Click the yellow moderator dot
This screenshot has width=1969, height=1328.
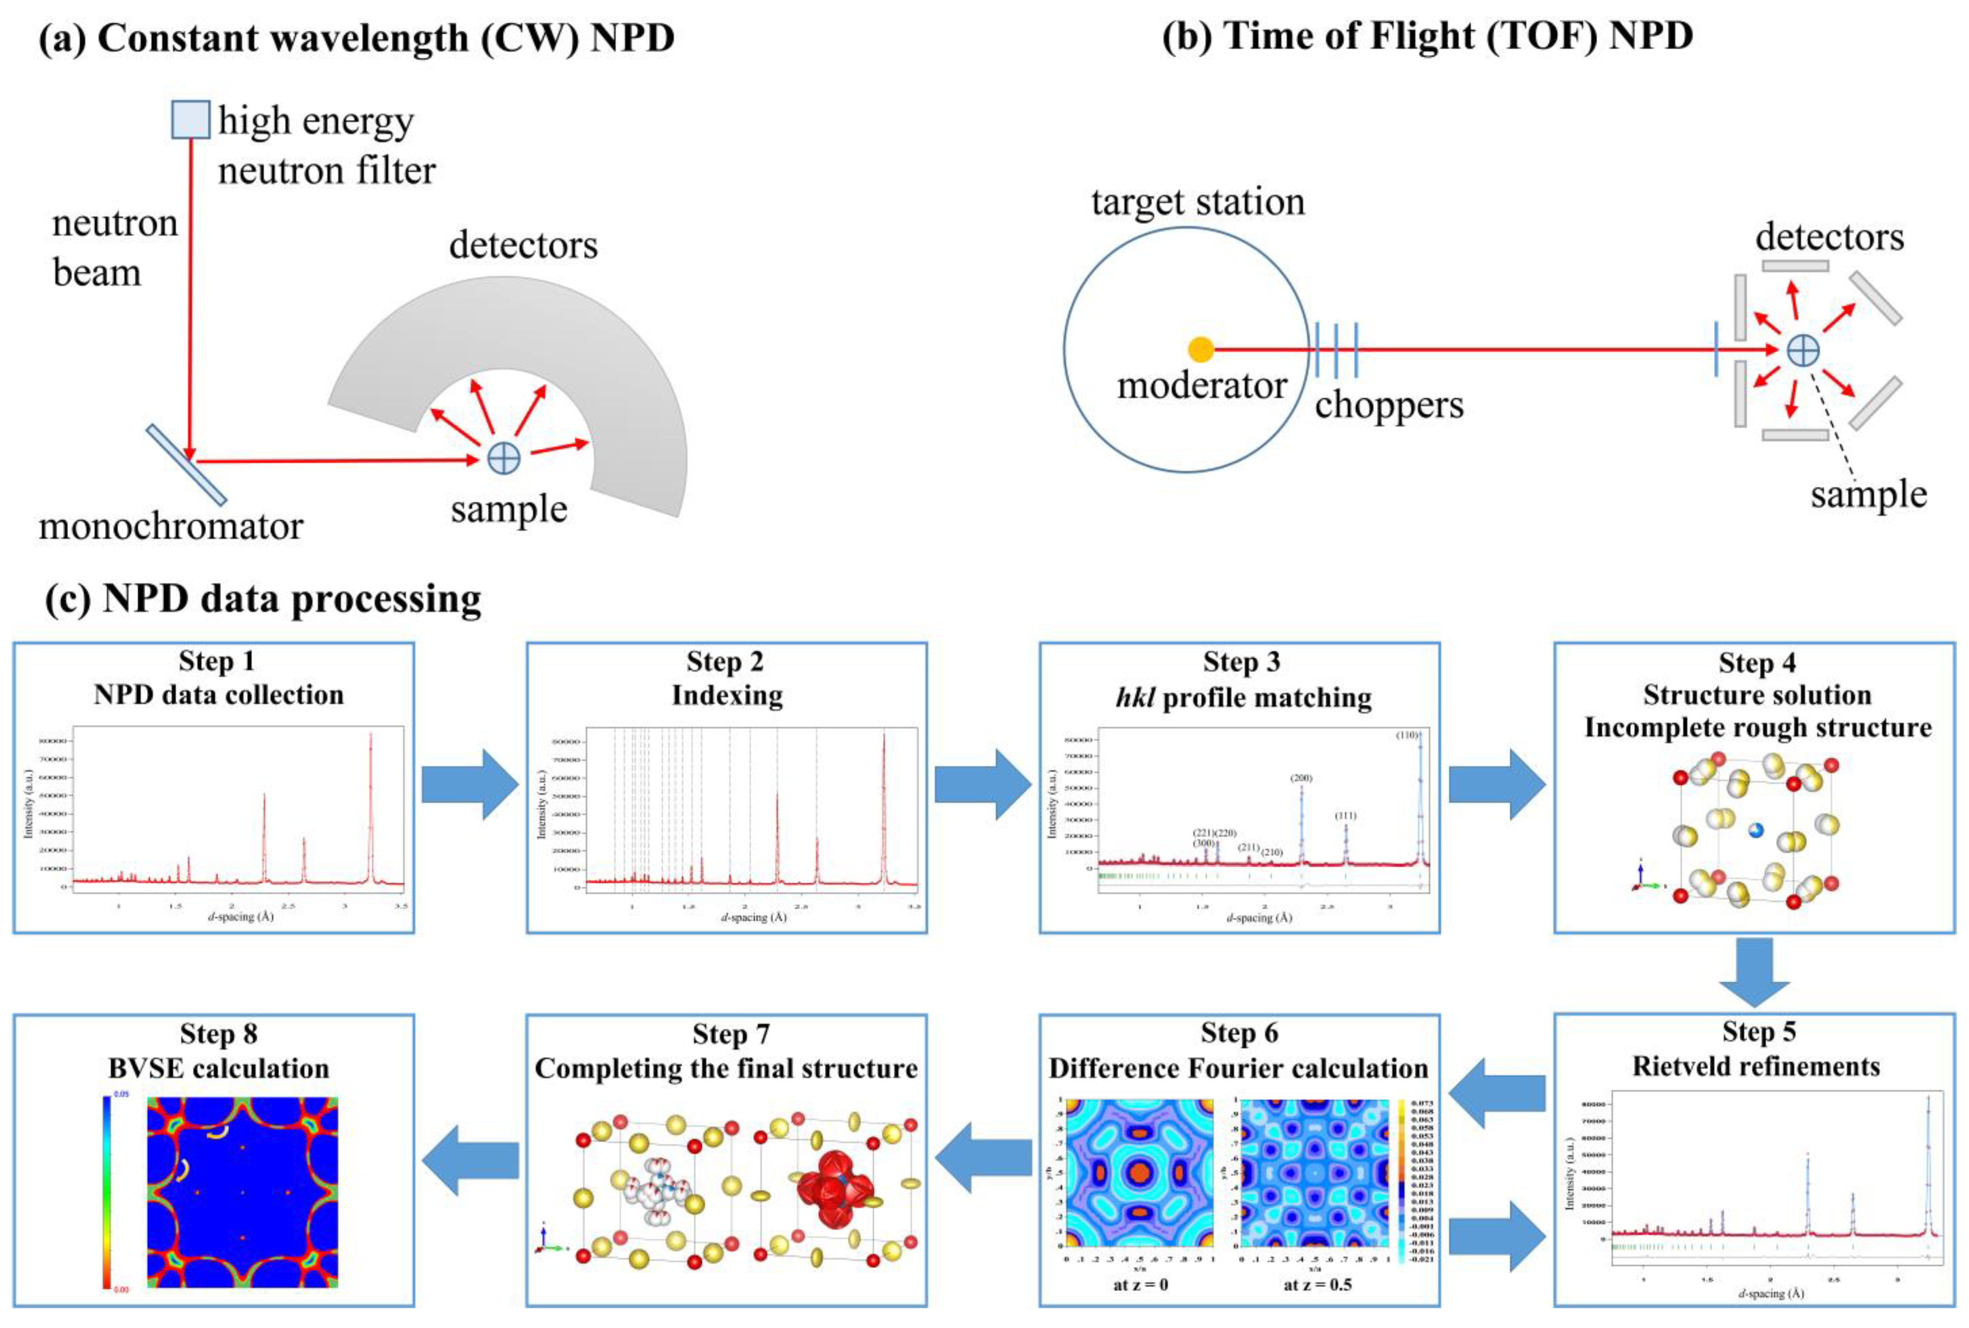(1200, 349)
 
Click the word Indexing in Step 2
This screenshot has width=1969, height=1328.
(727, 696)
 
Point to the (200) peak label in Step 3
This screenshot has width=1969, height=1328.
(1301, 778)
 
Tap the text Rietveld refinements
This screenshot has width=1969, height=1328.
(1756, 1066)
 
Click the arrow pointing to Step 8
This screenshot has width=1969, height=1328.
(470, 1159)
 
